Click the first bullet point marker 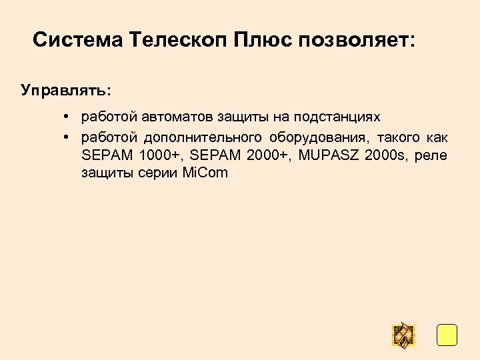(x=68, y=117)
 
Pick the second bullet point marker (x=68, y=137)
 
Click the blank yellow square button (x=447, y=335)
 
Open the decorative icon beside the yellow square (x=403, y=335)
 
